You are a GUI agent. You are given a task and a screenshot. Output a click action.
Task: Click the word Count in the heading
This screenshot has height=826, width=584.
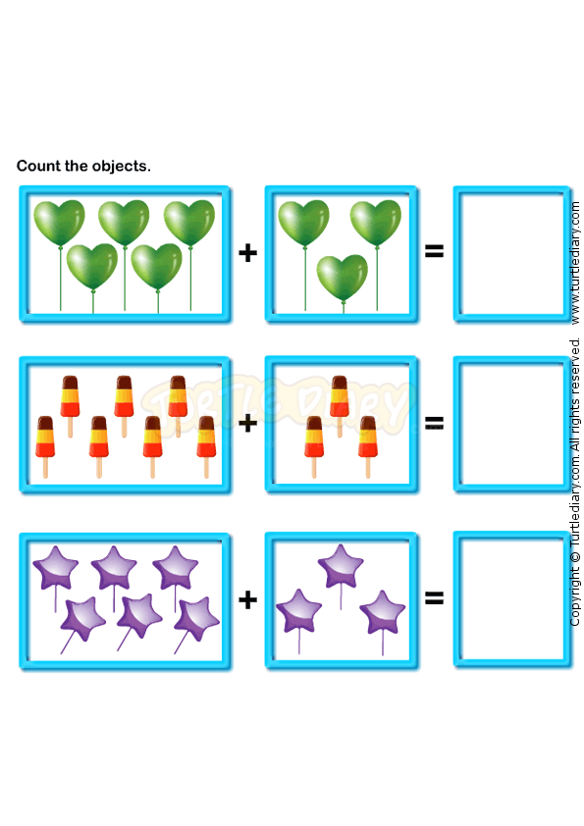[x=38, y=166]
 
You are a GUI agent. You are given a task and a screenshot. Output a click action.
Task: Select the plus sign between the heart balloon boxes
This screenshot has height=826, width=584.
[x=247, y=253]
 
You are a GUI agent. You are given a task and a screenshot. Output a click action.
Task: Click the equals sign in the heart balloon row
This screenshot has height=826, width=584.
[x=434, y=251]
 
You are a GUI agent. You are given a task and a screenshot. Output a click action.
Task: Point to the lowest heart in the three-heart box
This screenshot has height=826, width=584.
[x=343, y=280]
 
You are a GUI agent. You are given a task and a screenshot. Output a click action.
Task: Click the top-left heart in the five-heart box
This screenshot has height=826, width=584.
[x=59, y=223]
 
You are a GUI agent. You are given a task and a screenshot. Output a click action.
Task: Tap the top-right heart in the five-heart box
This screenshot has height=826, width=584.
[x=189, y=223]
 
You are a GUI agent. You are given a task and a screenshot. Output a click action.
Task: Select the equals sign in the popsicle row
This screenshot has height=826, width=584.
[x=434, y=422]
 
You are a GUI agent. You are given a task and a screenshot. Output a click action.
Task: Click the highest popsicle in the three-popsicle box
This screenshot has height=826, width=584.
[x=340, y=405]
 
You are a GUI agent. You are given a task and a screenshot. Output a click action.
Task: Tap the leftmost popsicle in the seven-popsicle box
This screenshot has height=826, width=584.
[x=45, y=446]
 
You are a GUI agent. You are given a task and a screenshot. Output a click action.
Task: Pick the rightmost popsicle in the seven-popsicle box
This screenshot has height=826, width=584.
[x=206, y=446]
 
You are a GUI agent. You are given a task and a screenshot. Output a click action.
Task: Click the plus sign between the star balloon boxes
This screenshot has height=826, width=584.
[x=247, y=599]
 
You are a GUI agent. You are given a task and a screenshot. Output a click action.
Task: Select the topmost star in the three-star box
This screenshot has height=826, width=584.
[x=341, y=567]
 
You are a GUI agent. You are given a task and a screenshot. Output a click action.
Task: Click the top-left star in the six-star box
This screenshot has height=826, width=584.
[x=55, y=568]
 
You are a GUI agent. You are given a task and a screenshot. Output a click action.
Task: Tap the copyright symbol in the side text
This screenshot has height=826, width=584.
[x=575, y=557]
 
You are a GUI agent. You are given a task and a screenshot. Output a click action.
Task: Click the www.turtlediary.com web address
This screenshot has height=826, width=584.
[x=575, y=262]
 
